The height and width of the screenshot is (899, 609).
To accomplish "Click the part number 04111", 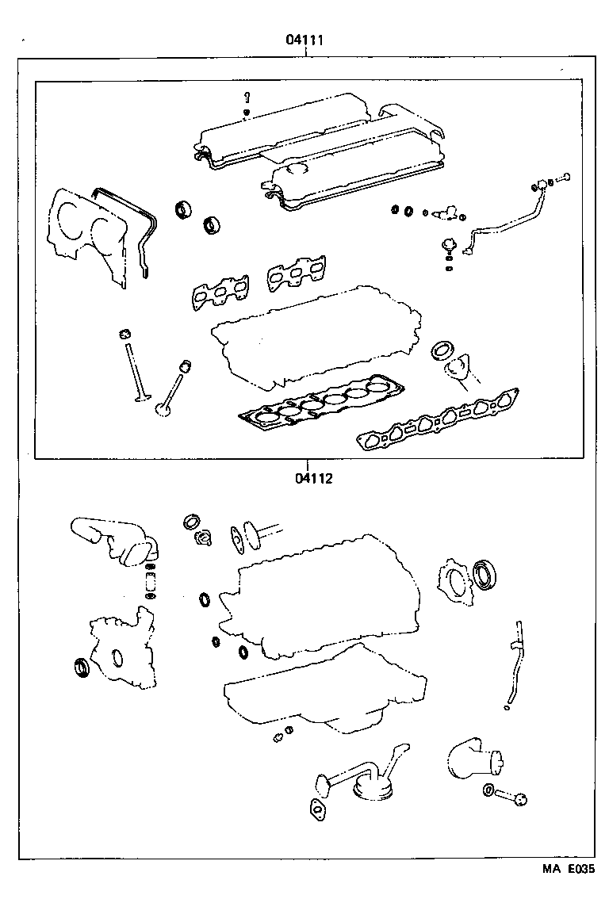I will [x=304, y=40].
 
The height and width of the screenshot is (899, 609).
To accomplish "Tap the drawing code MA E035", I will [x=568, y=869].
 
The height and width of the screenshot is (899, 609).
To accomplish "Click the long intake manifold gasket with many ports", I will [x=439, y=419].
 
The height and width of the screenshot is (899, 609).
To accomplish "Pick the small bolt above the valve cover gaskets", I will [x=247, y=98].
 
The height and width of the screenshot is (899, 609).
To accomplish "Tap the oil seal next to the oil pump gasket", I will [x=82, y=668].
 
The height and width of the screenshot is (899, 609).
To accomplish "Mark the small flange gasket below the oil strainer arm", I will [x=319, y=808].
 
